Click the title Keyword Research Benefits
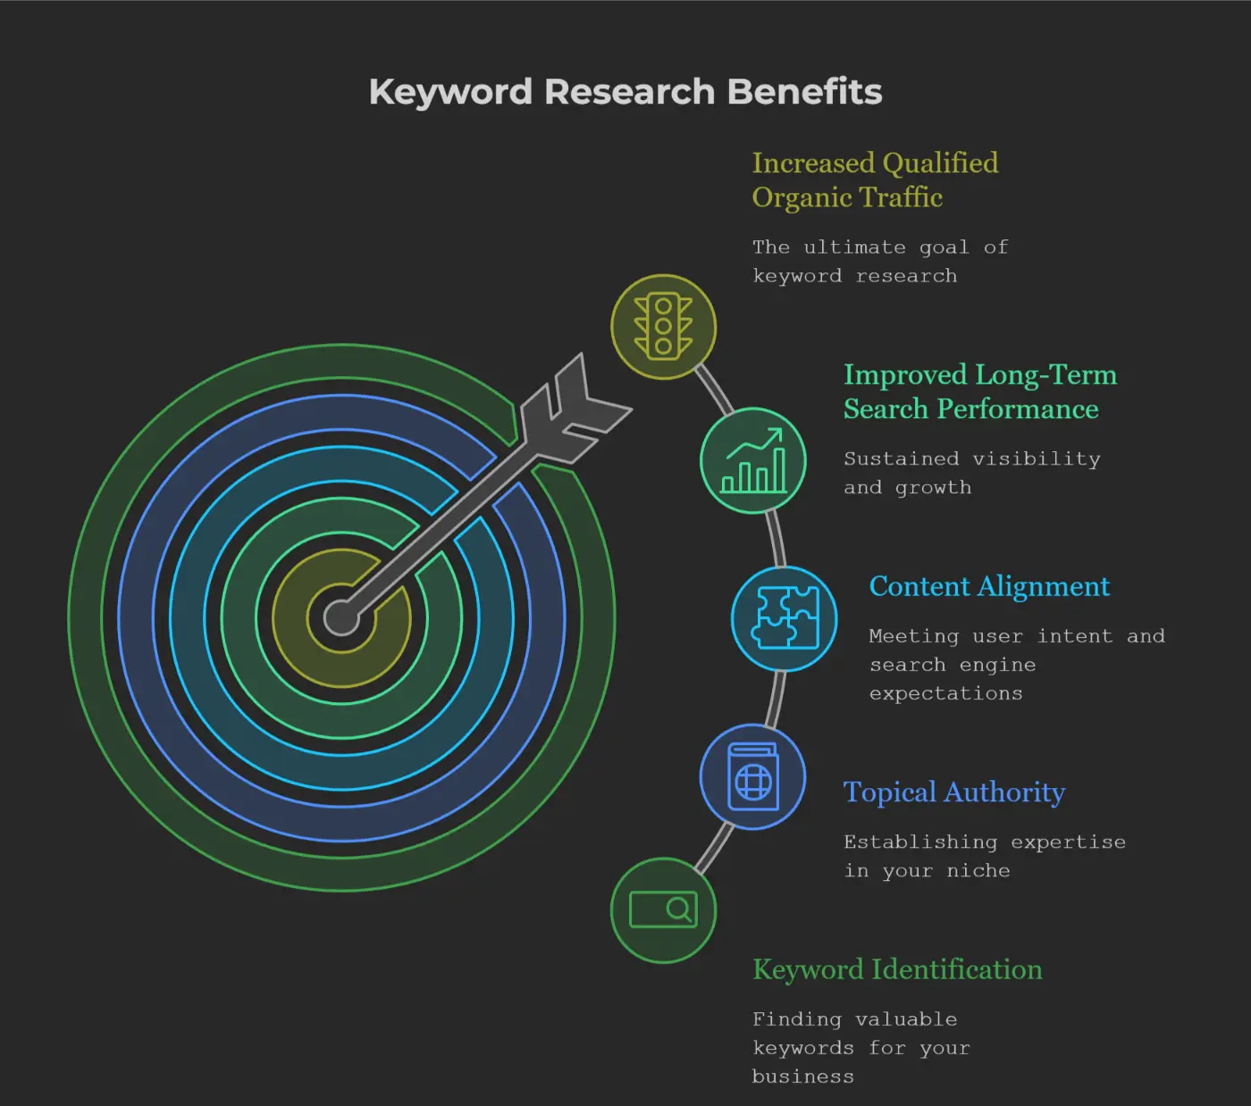click(x=625, y=92)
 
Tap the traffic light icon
click(x=663, y=326)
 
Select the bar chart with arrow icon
click(x=754, y=461)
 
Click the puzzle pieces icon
click(x=785, y=618)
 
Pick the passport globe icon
click(x=752, y=777)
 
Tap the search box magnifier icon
click(x=663, y=909)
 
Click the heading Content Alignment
click(x=989, y=587)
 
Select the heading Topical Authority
click(x=954, y=793)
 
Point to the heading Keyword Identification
click(x=897, y=969)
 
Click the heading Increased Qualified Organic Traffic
click(x=875, y=180)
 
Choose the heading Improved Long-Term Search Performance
click(x=980, y=392)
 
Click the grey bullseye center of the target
click(x=341, y=617)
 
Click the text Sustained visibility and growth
click(x=972, y=473)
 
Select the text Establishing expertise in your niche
click(x=984, y=857)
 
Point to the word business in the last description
click(x=802, y=1077)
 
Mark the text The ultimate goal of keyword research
click(x=880, y=261)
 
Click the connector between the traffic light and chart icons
click(x=714, y=390)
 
